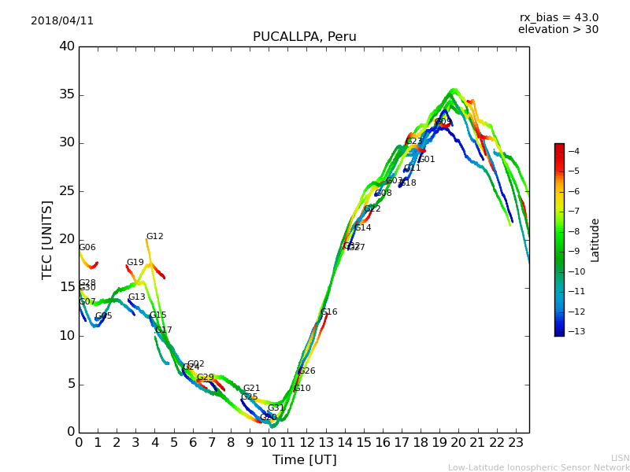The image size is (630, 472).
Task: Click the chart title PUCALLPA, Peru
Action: pyautogui.click(x=304, y=37)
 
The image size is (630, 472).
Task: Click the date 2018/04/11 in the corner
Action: pyautogui.click(x=62, y=21)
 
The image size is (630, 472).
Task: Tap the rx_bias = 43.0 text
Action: pyautogui.click(x=558, y=18)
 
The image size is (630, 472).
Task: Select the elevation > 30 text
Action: pyautogui.click(x=558, y=30)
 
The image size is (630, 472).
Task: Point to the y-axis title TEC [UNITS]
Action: pyautogui.click(x=47, y=239)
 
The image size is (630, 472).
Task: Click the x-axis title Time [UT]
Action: pyautogui.click(x=304, y=460)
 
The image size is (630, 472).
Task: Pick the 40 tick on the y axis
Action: pyautogui.click(x=67, y=46)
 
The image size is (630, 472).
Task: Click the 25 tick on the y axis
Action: pyautogui.click(x=67, y=191)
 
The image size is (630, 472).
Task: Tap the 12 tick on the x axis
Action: pyautogui.click(x=306, y=443)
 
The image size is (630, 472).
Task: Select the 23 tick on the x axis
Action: pyautogui.click(x=516, y=443)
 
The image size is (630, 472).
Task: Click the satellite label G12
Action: pyautogui.click(x=154, y=237)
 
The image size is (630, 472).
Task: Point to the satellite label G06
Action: pyautogui.click(x=87, y=248)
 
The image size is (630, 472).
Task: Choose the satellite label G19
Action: pyautogui.click(x=135, y=263)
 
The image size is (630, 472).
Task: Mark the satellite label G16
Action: pyautogui.click(x=328, y=312)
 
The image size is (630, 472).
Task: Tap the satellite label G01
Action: pyautogui.click(x=426, y=160)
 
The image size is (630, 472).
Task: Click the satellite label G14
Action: pyautogui.click(x=362, y=228)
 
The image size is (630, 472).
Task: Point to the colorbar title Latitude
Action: pyautogui.click(x=595, y=240)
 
